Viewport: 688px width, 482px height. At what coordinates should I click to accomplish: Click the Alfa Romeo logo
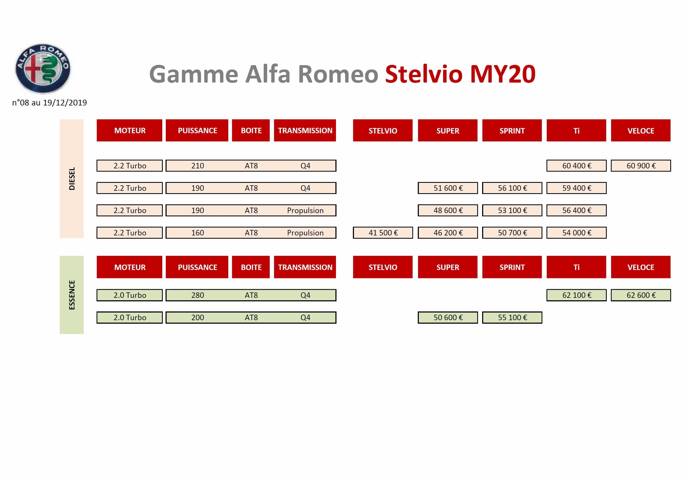click(x=43, y=68)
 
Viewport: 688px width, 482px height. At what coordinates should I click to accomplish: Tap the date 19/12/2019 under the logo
click(x=65, y=103)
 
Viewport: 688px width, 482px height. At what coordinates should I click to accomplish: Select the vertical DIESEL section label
click(x=72, y=179)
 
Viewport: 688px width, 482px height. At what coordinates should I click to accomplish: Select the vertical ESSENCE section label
click(x=72, y=295)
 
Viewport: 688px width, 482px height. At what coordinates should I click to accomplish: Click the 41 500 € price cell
click(x=383, y=233)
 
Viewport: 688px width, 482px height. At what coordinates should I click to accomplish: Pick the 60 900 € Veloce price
click(x=641, y=166)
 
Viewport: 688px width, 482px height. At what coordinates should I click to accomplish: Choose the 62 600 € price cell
click(x=641, y=295)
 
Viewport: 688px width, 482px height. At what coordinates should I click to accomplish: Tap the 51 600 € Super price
click(x=448, y=188)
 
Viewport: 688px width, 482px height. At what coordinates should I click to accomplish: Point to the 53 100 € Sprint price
click(x=512, y=210)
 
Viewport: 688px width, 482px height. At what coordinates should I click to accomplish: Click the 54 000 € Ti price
click(x=576, y=233)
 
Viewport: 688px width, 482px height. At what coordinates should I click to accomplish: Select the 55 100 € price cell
click(x=512, y=318)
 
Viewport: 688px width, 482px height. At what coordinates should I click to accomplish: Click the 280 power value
click(x=197, y=295)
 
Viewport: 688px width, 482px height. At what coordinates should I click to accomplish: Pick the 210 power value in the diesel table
click(x=197, y=166)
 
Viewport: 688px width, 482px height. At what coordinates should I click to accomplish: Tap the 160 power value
click(x=197, y=233)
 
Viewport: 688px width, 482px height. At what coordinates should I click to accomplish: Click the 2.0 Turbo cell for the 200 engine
click(x=130, y=318)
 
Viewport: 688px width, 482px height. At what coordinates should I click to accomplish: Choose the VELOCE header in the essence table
click(x=641, y=267)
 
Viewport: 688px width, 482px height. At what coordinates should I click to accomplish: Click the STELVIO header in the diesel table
click(x=383, y=131)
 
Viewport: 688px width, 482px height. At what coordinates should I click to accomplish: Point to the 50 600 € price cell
click(x=448, y=318)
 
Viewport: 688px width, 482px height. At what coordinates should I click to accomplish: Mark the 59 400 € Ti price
click(x=576, y=188)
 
